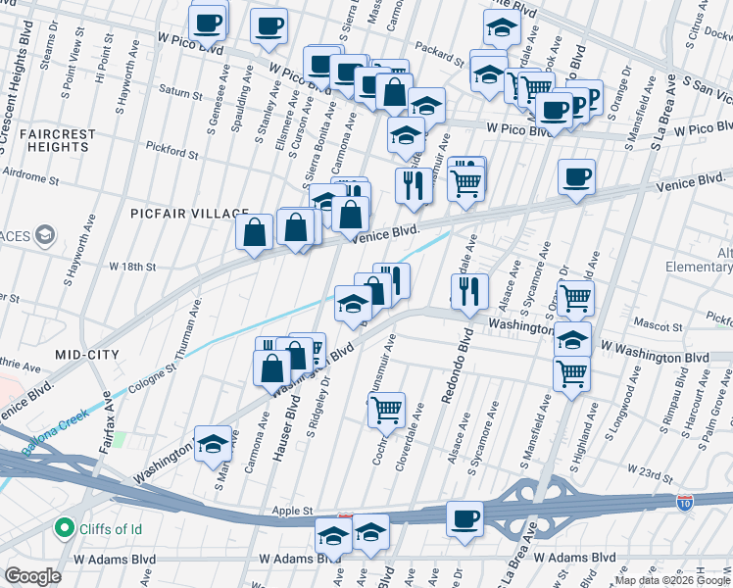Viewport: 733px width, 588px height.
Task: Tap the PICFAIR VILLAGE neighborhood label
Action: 177,214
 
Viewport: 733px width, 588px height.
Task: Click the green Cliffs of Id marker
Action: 66,529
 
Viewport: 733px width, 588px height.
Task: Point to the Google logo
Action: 31,576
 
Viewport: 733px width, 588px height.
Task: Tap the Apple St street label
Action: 292,511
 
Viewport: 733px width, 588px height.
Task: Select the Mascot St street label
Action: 658,325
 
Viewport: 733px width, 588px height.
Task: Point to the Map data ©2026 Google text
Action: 672,580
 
